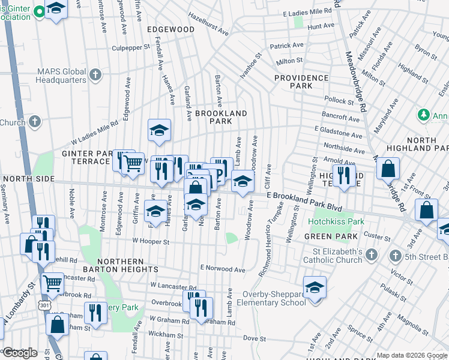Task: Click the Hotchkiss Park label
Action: point(336,221)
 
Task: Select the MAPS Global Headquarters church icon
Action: point(95,75)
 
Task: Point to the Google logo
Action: point(20,353)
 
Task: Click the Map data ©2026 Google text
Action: point(411,355)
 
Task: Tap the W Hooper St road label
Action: point(151,242)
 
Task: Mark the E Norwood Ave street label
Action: point(223,269)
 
